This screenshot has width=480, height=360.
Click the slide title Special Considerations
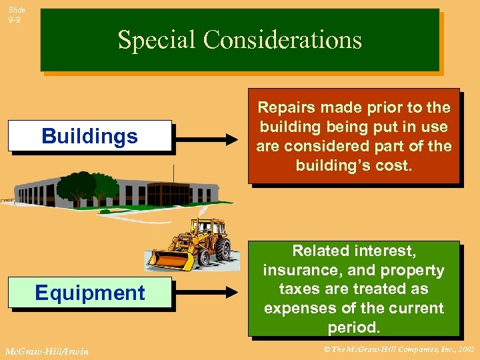point(239,40)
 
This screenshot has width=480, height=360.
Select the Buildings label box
point(89,137)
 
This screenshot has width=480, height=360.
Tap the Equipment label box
point(89,293)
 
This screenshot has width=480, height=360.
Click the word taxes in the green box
point(301,289)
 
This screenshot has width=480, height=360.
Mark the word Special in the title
point(157,40)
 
